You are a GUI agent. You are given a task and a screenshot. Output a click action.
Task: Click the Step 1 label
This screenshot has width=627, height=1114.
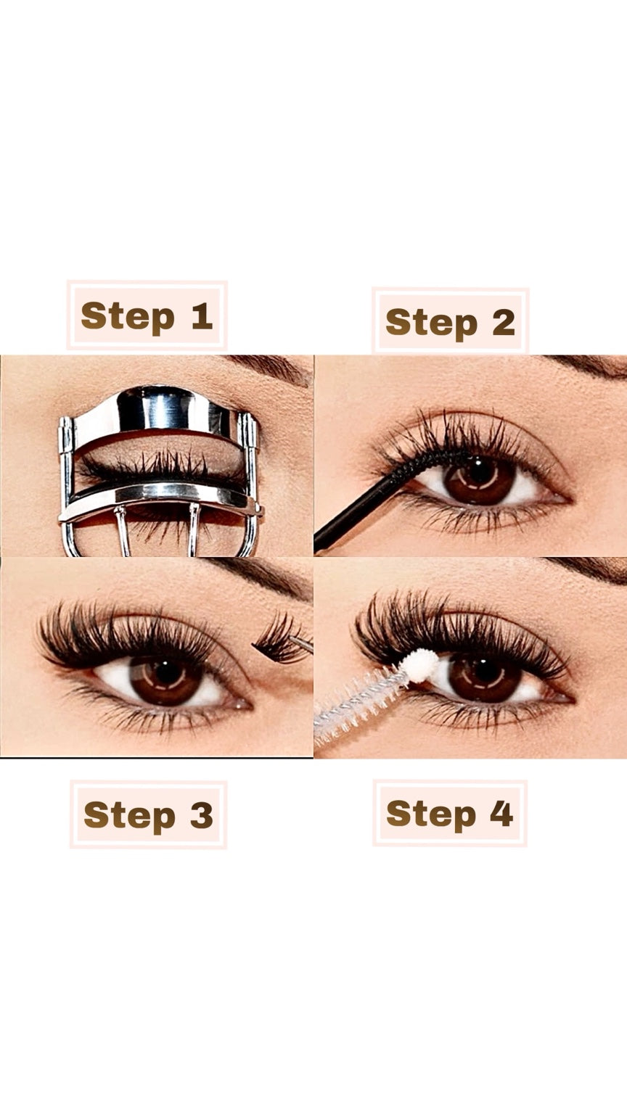(147, 315)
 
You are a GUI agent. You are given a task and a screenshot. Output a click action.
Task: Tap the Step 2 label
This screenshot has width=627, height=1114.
(451, 321)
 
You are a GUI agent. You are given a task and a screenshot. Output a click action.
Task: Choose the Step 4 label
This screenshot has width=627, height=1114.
(450, 813)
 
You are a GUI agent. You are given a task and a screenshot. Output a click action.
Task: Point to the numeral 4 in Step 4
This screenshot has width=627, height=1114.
(501, 812)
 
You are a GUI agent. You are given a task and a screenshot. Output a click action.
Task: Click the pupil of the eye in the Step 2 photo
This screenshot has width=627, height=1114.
(479, 470)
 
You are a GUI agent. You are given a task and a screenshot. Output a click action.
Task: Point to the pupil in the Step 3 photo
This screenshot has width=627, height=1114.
(167, 672)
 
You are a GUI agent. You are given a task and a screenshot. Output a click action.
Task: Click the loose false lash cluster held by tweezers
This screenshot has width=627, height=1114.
(275, 638)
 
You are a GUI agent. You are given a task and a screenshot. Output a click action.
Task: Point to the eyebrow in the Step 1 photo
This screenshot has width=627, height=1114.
(271, 367)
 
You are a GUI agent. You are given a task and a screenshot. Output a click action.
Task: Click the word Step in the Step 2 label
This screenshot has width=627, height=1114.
(431, 323)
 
